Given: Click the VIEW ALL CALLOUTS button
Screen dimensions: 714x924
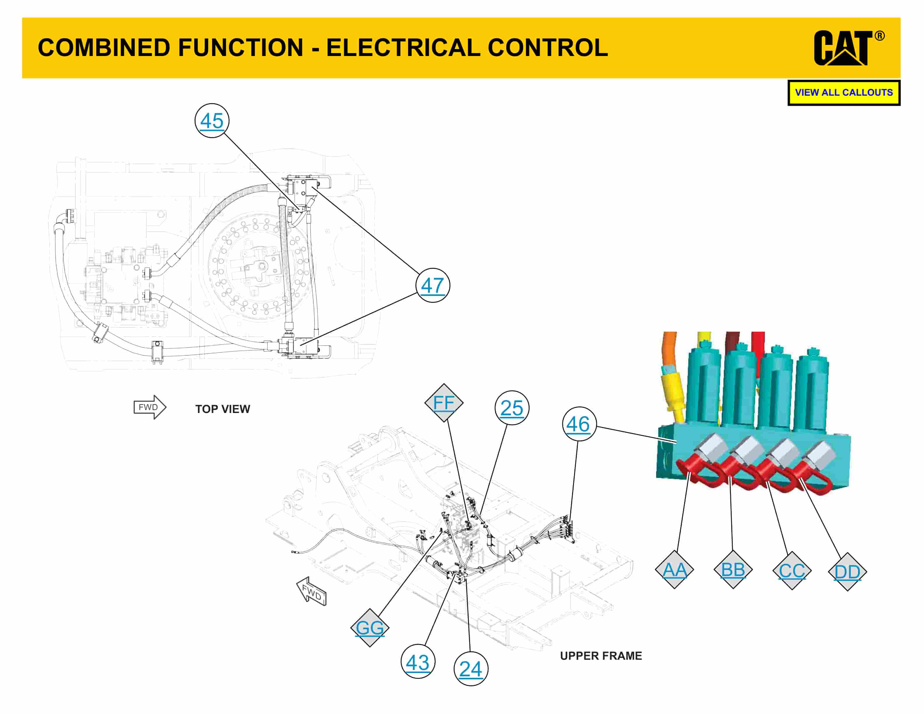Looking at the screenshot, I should (843, 93).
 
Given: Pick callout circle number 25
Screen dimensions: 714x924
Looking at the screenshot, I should (512, 408).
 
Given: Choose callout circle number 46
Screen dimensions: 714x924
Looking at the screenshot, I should (578, 424).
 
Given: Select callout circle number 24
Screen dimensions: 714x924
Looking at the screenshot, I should (470, 669).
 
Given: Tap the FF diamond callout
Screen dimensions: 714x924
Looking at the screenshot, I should (444, 403).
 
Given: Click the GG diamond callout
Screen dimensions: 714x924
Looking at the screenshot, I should (370, 628).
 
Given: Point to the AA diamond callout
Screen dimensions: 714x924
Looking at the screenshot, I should (674, 570).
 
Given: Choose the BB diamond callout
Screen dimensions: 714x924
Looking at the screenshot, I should (733, 570).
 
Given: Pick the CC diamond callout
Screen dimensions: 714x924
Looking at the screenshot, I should (792, 570).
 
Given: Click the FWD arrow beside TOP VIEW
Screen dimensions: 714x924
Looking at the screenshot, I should (150, 407).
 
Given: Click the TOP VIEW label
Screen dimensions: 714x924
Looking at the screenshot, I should (223, 409).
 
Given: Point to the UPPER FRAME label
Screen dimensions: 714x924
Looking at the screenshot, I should (601, 656).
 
